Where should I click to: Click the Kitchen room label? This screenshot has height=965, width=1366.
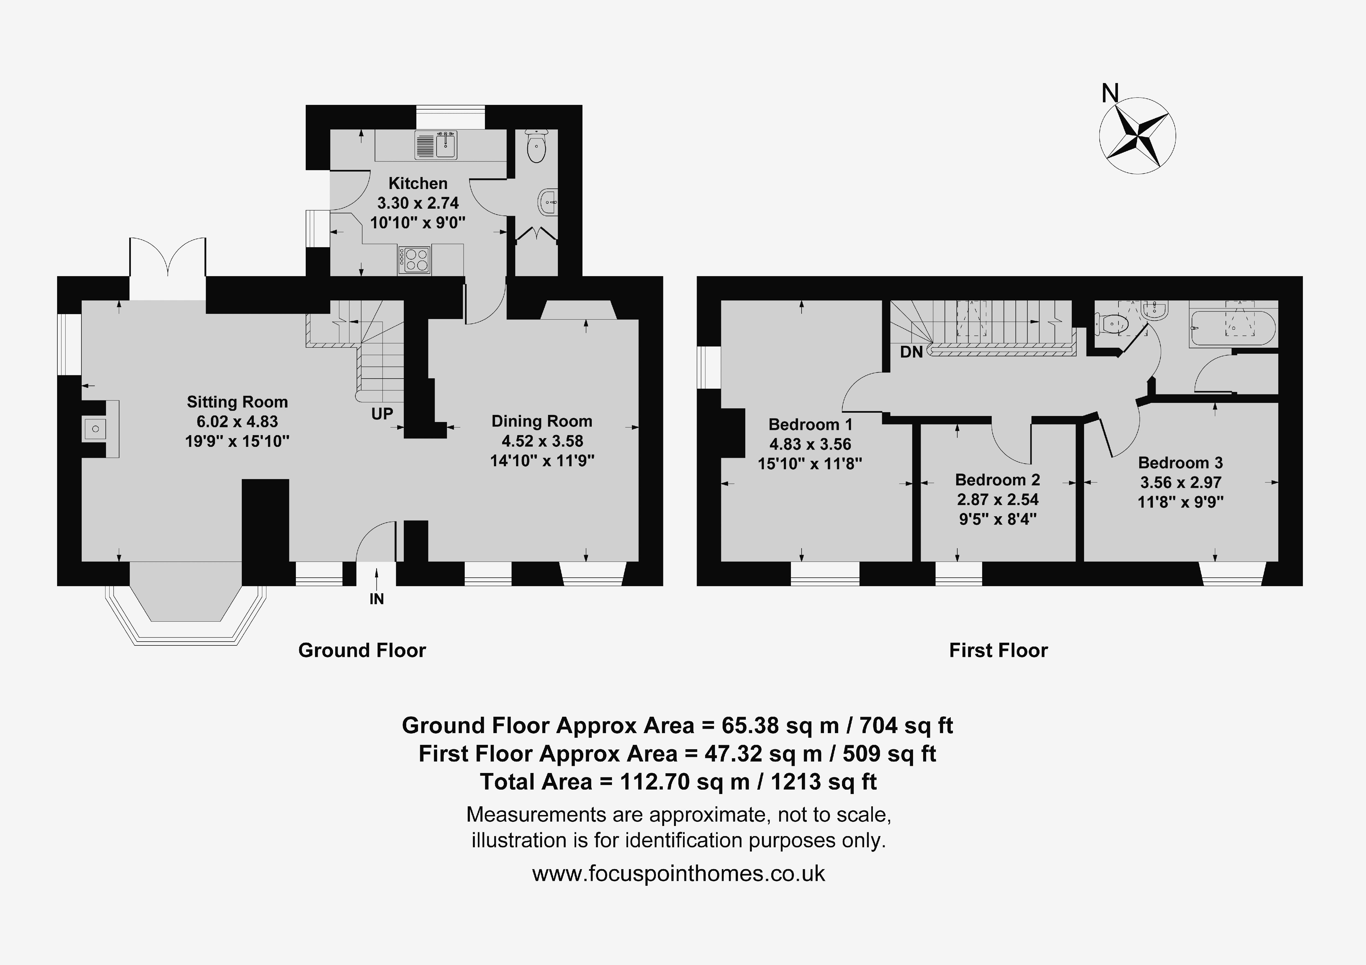[418, 183]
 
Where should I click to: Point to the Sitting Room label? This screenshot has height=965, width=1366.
[237, 402]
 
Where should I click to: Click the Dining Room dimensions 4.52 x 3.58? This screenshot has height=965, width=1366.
[542, 441]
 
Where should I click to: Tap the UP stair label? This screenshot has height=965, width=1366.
[382, 414]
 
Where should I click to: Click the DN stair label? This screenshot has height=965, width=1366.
[911, 352]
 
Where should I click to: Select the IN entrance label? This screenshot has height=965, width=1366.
[376, 599]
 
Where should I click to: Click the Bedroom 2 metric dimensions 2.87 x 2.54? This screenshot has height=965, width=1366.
[998, 500]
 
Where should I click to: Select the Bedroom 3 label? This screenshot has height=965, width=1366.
[1180, 463]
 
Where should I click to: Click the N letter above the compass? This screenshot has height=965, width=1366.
[1110, 93]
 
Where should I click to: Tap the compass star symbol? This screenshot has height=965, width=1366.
[1137, 136]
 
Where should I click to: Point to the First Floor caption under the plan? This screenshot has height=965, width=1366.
[998, 650]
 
